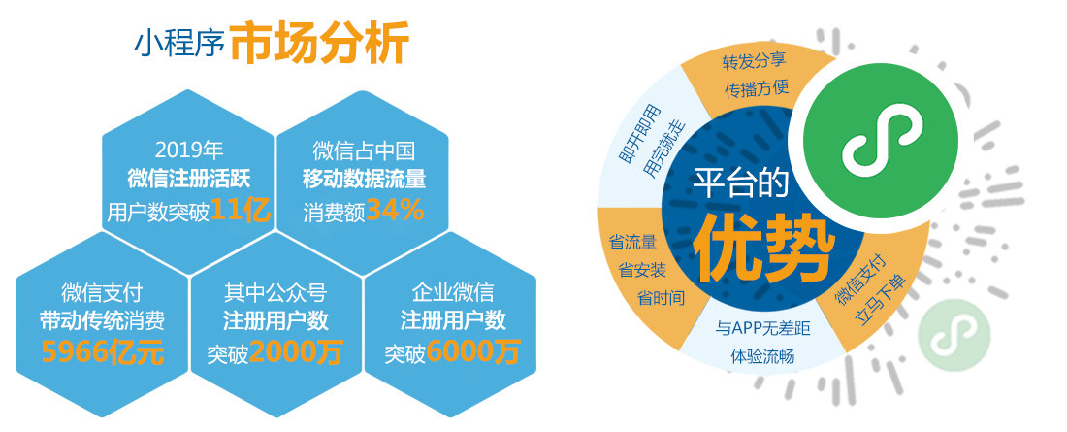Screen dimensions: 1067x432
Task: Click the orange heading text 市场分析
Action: point(320,43)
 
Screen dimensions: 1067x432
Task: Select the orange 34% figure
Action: point(396,211)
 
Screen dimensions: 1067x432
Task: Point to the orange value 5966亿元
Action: point(102,351)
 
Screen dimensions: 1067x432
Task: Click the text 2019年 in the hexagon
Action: point(189,150)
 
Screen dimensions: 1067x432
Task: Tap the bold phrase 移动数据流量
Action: point(364,180)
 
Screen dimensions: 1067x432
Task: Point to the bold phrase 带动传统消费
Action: point(102,321)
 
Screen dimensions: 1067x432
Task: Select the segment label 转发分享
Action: point(755,60)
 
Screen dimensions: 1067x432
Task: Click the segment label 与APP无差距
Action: point(762,329)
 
